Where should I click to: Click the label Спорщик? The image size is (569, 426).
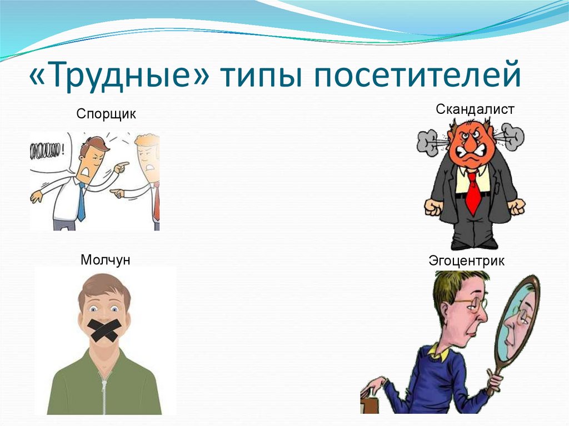[x=106, y=114]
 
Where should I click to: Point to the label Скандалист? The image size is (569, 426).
[x=475, y=109]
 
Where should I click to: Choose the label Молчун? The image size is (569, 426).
[x=105, y=259]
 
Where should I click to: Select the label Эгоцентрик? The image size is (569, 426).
[x=466, y=260]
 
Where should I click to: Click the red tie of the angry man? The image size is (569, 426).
[x=472, y=192]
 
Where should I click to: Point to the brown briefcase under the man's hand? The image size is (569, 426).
[x=368, y=403]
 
